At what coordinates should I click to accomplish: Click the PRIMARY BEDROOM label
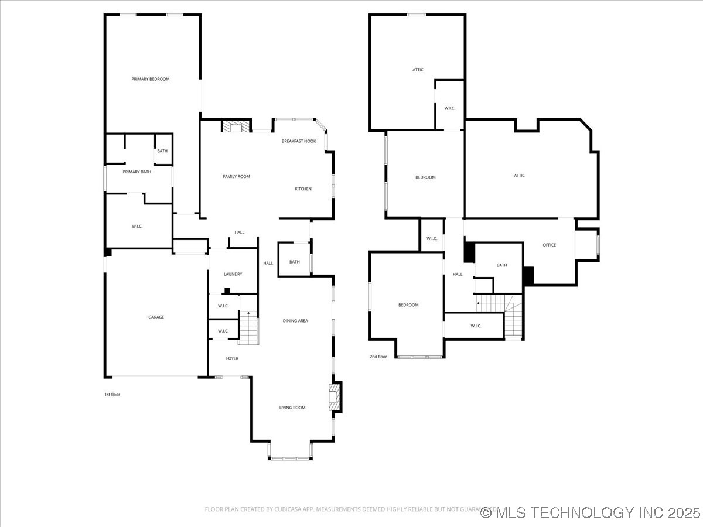[x=150, y=79]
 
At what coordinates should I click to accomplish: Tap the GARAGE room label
[x=156, y=317]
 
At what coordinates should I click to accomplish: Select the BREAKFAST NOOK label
[x=298, y=141]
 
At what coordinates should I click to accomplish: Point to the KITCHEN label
[x=303, y=189]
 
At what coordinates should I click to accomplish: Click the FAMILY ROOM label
[x=236, y=176]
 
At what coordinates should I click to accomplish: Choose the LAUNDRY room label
[x=233, y=274]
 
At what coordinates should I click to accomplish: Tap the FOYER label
[x=232, y=358]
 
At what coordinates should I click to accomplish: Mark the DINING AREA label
[x=295, y=320]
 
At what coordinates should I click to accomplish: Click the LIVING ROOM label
[x=292, y=408]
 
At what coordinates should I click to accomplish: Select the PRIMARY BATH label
[x=136, y=172]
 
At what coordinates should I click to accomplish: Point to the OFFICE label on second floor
[x=549, y=245]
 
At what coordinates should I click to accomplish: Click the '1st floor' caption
[x=112, y=395]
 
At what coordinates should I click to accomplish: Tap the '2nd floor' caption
[x=378, y=357]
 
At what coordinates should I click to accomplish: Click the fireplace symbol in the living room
[x=335, y=397]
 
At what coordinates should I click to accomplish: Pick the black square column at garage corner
[x=107, y=252]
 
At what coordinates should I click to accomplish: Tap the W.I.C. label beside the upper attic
[x=450, y=108]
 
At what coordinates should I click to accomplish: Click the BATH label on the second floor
[x=501, y=265]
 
